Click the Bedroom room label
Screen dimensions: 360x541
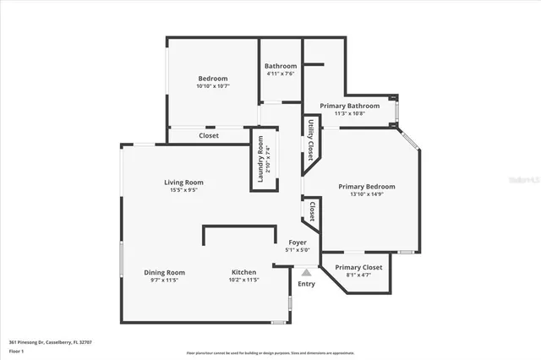pyautogui.click(x=212, y=79)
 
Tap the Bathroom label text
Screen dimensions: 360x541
pyautogui.click(x=281, y=66)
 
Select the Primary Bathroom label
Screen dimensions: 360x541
pyautogui.click(x=350, y=106)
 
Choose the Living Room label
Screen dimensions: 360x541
pyautogui.click(x=183, y=183)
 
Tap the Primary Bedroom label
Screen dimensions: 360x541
pyautogui.click(x=367, y=187)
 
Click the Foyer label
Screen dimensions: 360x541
pyautogui.click(x=298, y=243)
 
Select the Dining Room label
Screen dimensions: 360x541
pyautogui.click(x=164, y=272)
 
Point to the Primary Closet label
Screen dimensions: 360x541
pyautogui.click(x=359, y=267)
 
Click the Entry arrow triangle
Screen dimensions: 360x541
pyautogui.click(x=306, y=272)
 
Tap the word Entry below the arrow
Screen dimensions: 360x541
pyautogui.click(x=306, y=283)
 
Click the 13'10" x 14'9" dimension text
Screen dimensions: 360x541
pyautogui.click(x=367, y=194)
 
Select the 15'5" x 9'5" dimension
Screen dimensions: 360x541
pyautogui.click(x=183, y=190)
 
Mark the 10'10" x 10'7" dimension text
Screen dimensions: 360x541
pyautogui.click(x=212, y=86)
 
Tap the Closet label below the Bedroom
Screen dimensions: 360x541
pyautogui.click(x=209, y=135)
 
